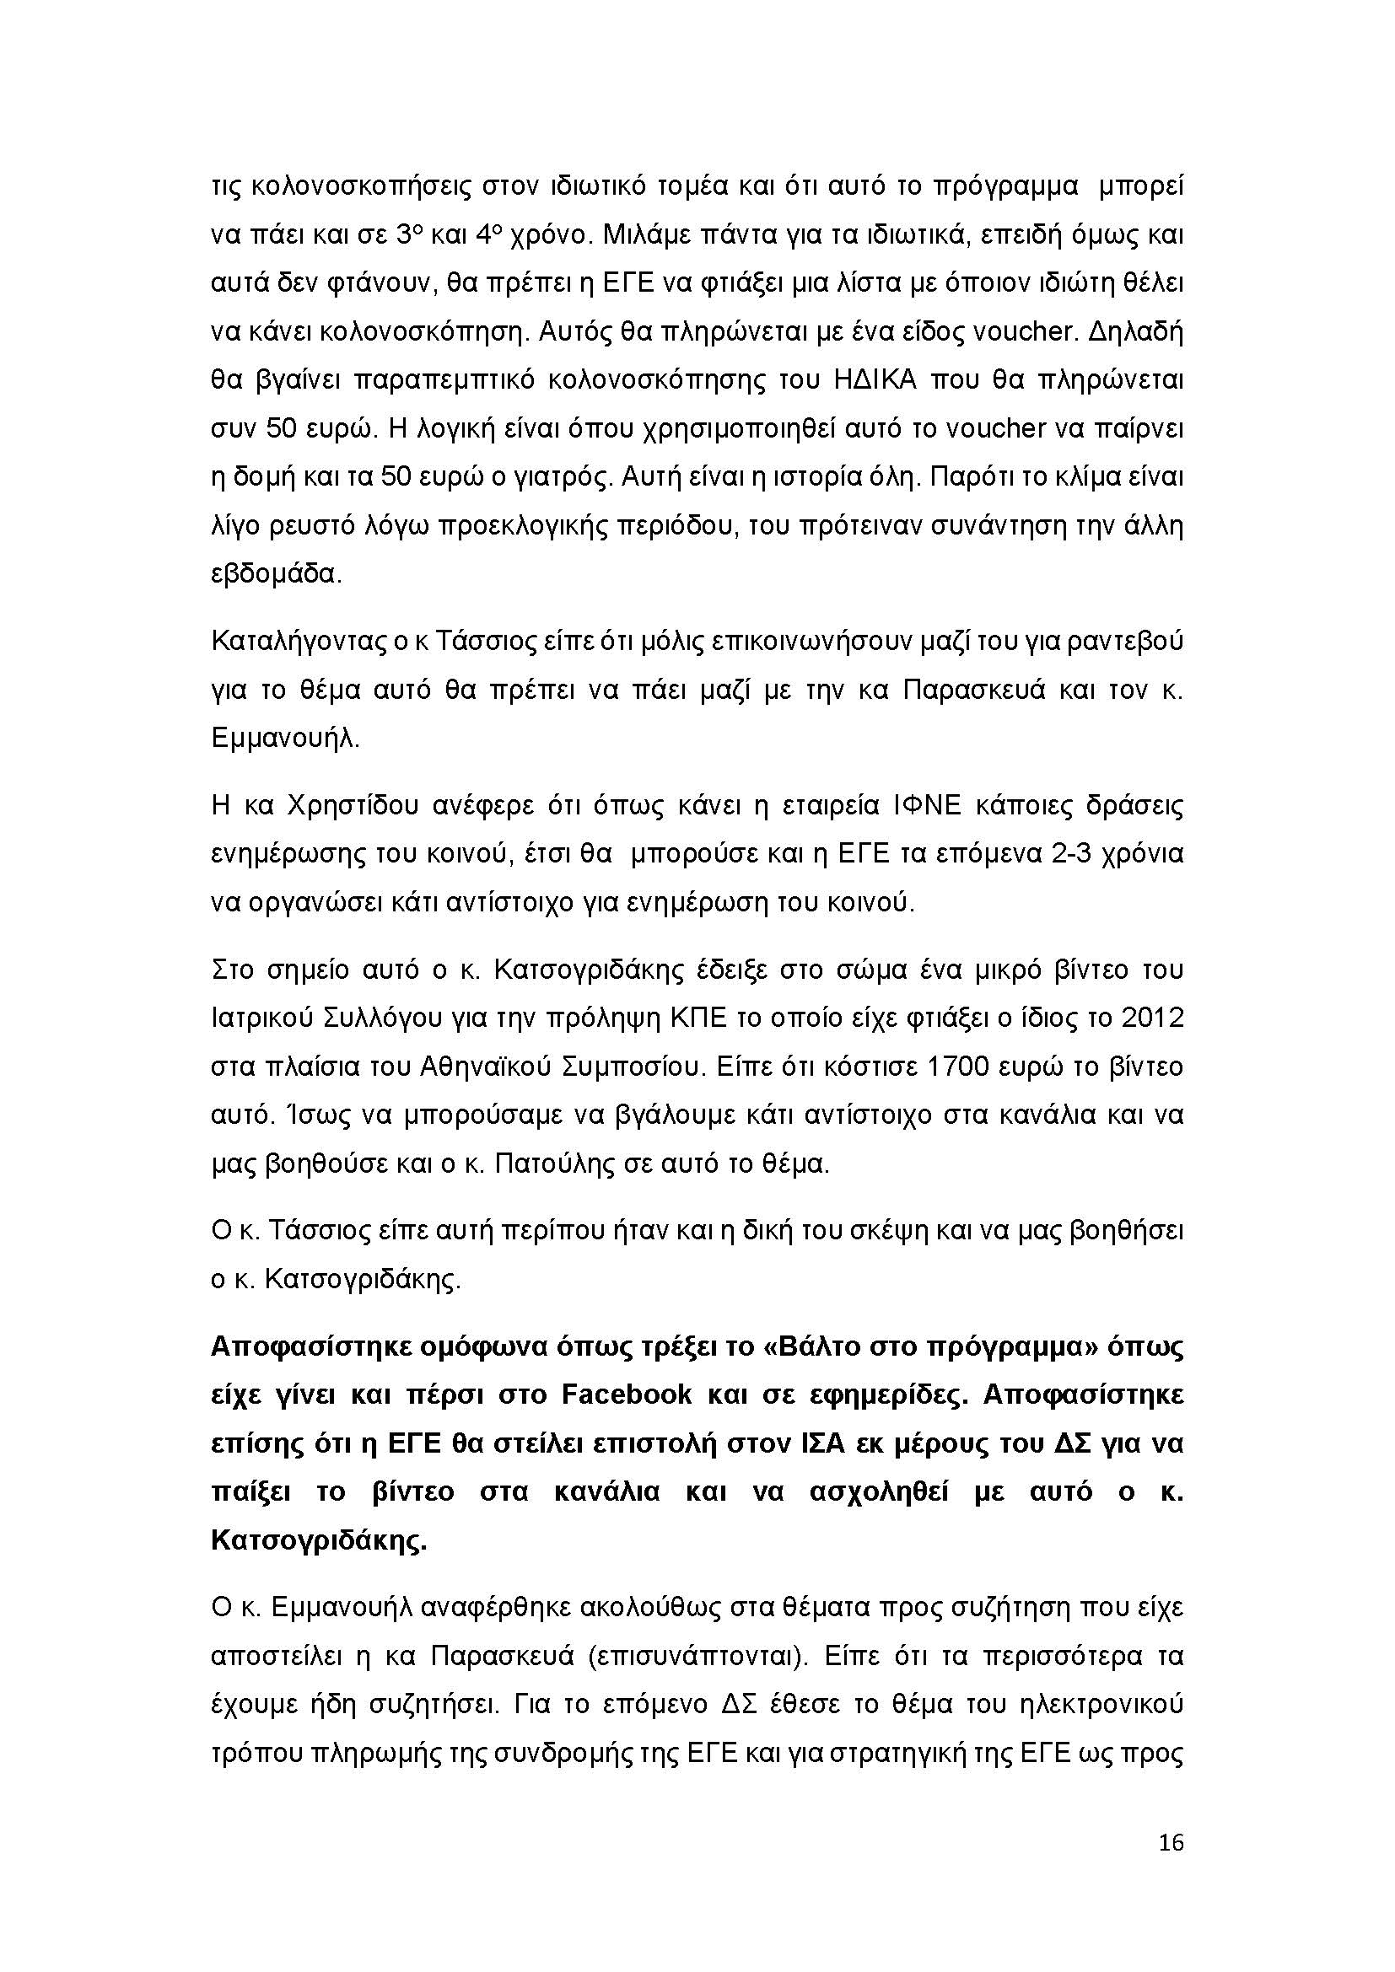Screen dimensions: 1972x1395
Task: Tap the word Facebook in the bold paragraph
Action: click(x=626, y=1394)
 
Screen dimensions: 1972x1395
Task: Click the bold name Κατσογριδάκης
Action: click(x=318, y=1541)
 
